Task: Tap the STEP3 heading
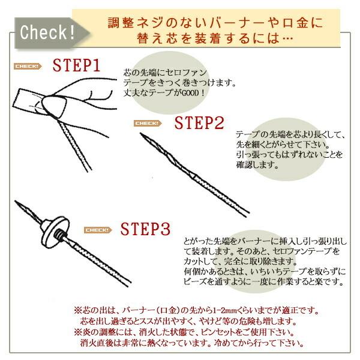(x=146, y=229)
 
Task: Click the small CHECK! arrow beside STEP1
(x=26, y=66)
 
